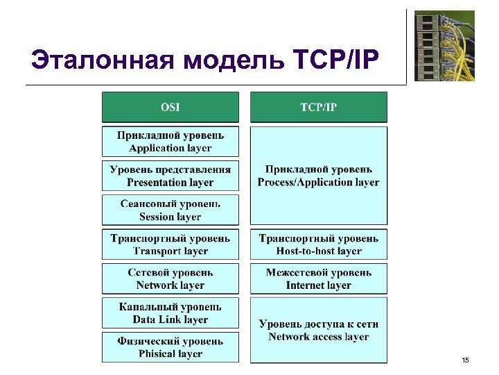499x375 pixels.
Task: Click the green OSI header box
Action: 170,107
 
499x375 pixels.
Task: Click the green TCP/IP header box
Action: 318,107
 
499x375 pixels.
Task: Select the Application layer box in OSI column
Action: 170,141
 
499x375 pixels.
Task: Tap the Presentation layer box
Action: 170,176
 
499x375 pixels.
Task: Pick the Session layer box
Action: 170,210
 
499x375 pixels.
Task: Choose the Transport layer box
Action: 170,244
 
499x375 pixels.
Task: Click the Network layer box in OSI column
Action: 170,278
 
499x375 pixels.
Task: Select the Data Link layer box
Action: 170,313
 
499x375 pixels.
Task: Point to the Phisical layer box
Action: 170,347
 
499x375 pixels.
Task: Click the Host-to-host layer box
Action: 318,244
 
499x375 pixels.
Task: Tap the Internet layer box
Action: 318,278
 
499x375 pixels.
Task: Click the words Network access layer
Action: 318,337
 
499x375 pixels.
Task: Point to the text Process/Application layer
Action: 318,182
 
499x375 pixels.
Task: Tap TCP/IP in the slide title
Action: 337,60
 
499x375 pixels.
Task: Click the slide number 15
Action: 465,359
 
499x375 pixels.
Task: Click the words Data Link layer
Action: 170,319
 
